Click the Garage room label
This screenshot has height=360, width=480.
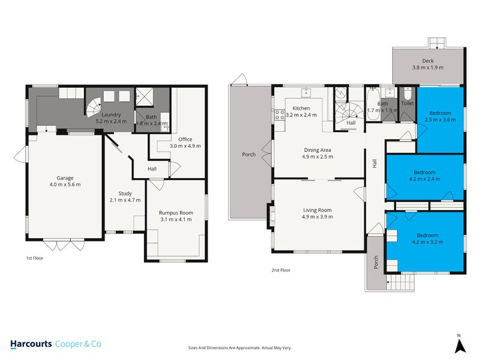(65, 178)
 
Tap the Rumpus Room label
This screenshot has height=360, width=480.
(176, 212)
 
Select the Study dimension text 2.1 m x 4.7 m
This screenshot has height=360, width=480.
(125, 200)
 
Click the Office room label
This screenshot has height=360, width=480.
(185, 139)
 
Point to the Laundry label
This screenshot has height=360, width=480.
(112, 115)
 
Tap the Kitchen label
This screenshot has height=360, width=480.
(301, 109)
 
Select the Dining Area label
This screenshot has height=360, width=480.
(318, 150)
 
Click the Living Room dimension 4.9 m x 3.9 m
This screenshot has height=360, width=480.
(317, 217)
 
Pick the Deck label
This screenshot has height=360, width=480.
(428, 61)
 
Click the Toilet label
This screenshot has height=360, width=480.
(407, 103)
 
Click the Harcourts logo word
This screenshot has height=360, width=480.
(31, 344)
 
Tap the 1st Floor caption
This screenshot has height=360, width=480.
(34, 258)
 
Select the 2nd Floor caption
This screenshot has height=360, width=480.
(281, 270)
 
